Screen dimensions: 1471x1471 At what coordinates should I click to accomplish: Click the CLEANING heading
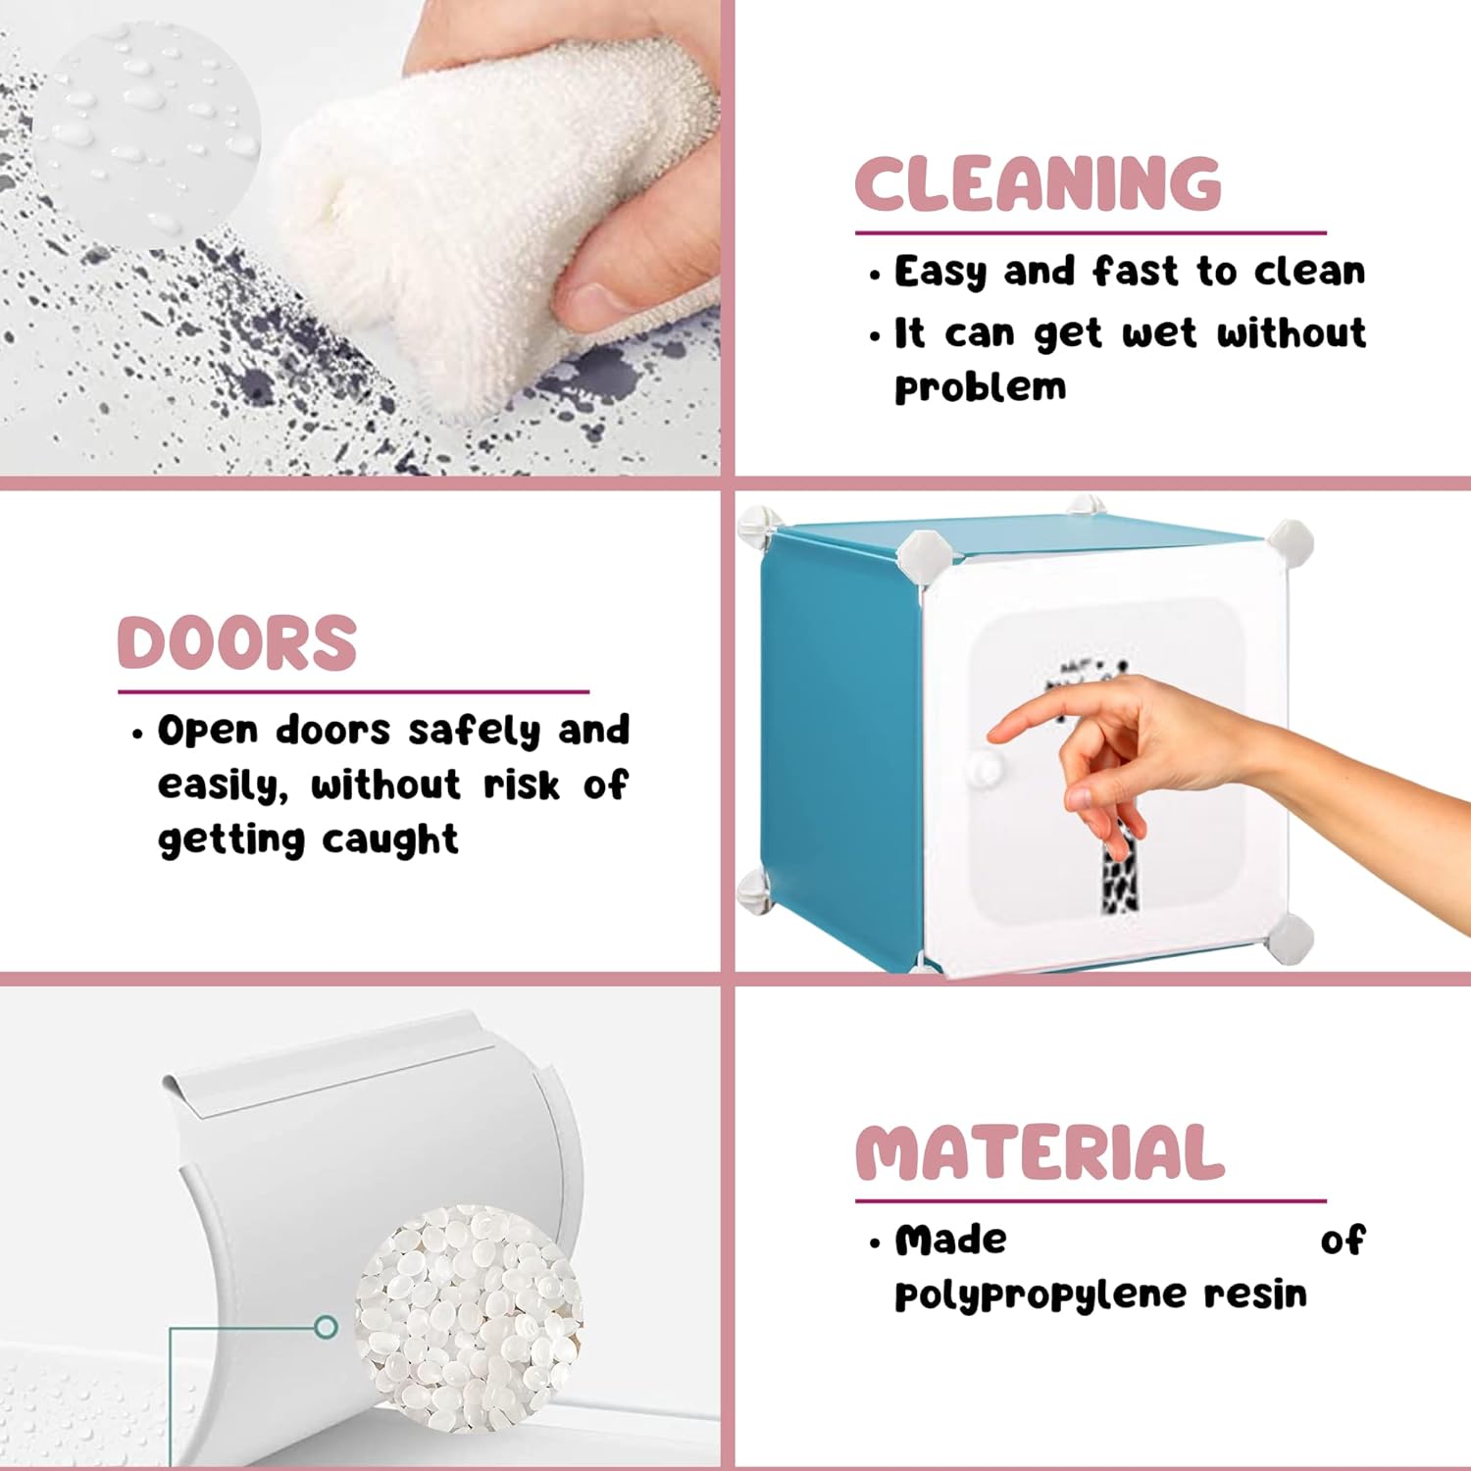(1039, 183)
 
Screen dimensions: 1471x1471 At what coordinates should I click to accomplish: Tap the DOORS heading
(236, 643)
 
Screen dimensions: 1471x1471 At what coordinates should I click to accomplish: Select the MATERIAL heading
(1040, 1152)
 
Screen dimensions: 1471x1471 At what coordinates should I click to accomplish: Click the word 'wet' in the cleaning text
(1160, 334)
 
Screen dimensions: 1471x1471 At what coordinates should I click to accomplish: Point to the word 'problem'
(980, 387)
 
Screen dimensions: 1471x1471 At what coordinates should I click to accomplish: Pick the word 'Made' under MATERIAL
(950, 1240)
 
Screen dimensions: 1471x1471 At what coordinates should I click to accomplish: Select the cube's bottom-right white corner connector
(1289, 939)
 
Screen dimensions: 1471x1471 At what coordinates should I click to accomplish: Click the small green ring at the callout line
(327, 1328)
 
